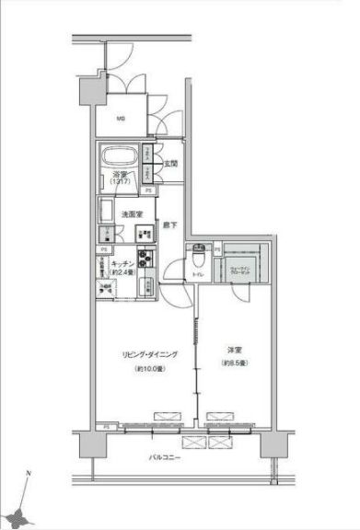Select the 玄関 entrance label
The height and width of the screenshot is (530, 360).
click(x=170, y=165)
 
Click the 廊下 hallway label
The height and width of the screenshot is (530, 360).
click(x=170, y=225)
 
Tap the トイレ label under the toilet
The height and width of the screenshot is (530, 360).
click(x=196, y=274)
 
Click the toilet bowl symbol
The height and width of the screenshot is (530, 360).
click(x=197, y=259)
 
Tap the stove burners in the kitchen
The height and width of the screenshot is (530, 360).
click(x=145, y=258)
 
